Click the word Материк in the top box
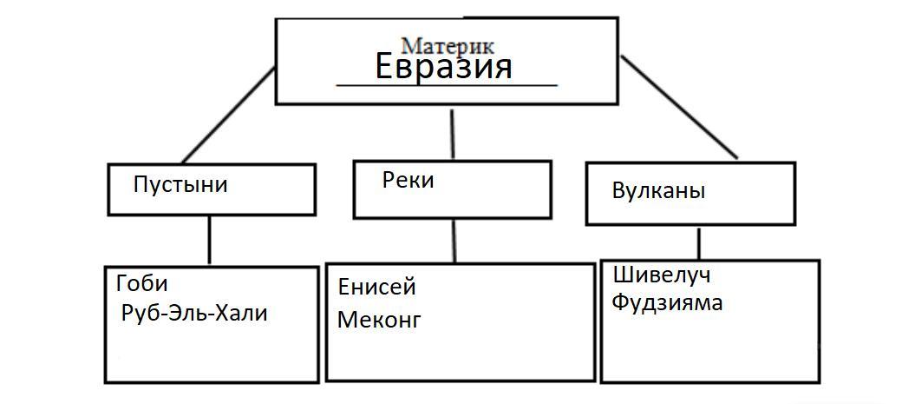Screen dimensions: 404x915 [448, 43]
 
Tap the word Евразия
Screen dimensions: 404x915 [443, 66]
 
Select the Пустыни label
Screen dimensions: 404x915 [180, 184]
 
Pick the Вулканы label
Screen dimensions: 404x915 [657, 192]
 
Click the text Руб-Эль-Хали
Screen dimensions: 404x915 [195, 313]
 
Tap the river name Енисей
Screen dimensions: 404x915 [376, 286]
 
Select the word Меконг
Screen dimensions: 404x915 [379, 319]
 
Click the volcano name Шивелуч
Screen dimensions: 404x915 [661, 275]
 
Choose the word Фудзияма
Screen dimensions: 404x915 [667, 303]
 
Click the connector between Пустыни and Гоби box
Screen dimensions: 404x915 [209, 240]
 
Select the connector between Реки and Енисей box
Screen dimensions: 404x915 [453, 241]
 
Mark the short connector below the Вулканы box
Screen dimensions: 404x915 [698, 242]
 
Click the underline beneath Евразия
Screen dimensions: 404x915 [446, 85]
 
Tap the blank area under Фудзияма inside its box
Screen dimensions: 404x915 [709, 348]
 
